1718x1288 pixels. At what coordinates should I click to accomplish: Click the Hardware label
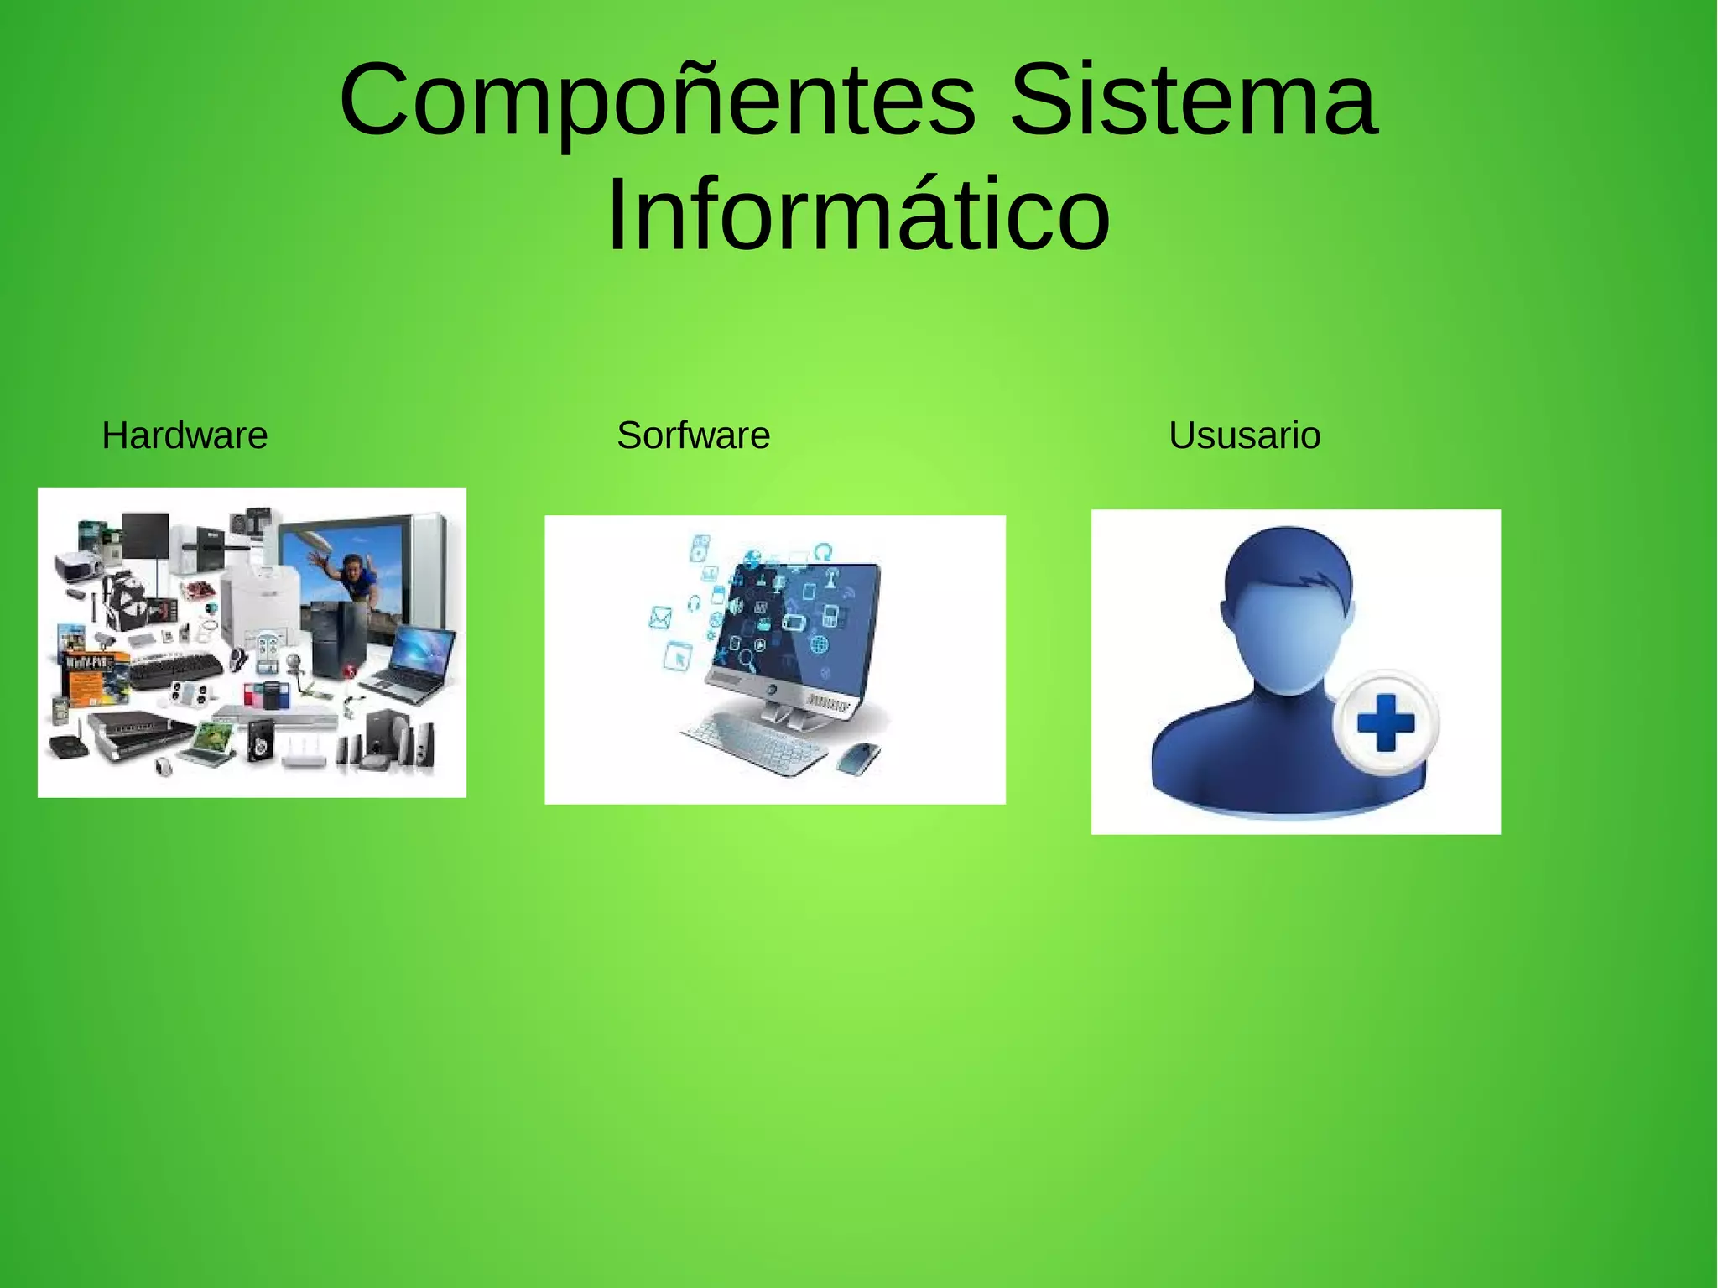pyautogui.click(x=185, y=435)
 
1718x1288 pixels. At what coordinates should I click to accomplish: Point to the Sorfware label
pyautogui.click(x=693, y=435)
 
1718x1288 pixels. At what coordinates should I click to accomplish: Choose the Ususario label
pyautogui.click(x=1244, y=435)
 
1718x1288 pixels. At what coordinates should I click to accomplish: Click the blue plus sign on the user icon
pyautogui.click(x=1385, y=722)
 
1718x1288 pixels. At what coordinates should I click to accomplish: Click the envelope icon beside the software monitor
pyautogui.click(x=661, y=618)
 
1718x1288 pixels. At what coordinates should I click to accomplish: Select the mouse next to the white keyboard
pyautogui.click(x=859, y=758)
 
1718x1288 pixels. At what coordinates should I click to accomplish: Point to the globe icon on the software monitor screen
pyautogui.click(x=818, y=644)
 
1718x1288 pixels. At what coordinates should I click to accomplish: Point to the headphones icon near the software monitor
pyautogui.click(x=694, y=602)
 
